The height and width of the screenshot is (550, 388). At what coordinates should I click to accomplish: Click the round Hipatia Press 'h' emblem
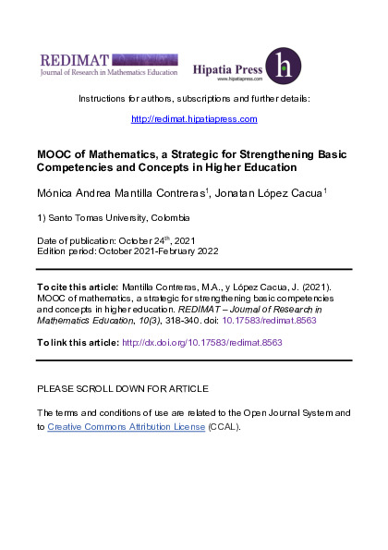(283, 66)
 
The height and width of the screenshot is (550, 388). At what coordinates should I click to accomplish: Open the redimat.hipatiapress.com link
(194, 119)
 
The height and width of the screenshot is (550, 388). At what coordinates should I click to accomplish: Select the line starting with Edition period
(127, 250)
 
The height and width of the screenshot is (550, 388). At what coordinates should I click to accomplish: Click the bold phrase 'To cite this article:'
(79, 288)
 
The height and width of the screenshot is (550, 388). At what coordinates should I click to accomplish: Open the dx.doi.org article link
(201, 342)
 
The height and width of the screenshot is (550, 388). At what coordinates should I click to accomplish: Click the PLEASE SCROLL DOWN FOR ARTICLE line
(122, 388)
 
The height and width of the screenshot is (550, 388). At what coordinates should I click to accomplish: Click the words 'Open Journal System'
(272, 412)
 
